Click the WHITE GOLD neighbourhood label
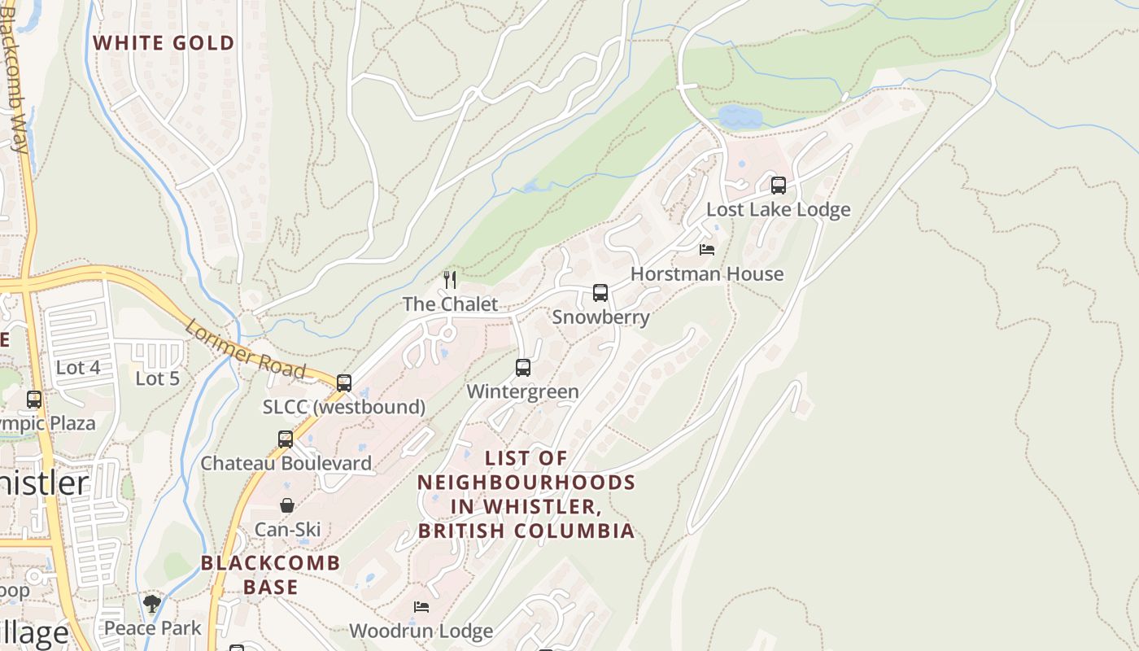(164, 43)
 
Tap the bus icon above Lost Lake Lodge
(779, 186)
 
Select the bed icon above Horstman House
(707, 249)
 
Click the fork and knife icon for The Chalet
(450, 280)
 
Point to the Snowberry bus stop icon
(600, 293)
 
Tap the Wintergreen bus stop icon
(523, 368)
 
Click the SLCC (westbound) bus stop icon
(344, 382)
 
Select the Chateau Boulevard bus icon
(286, 439)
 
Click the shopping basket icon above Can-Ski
(287, 505)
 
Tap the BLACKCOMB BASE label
(271, 575)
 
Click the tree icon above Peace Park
(152, 603)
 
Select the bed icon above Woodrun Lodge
(421, 607)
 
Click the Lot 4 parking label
(78, 368)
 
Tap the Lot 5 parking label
(157, 378)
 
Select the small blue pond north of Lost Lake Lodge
(740, 117)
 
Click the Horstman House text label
(707, 274)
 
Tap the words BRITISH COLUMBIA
(526, 531)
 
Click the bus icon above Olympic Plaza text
(34, 400)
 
